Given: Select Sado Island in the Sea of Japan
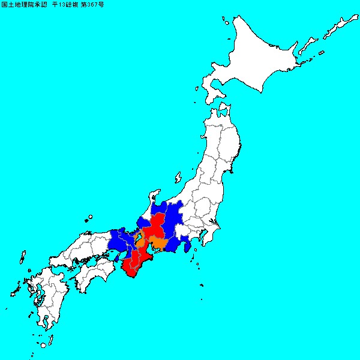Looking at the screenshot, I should pyautogui.click(x=178, y=178).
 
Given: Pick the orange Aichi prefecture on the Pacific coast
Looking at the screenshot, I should pyautogui.click(x=160, y=243).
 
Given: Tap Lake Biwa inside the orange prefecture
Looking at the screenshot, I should pyautogui.click(x=139, y=236).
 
